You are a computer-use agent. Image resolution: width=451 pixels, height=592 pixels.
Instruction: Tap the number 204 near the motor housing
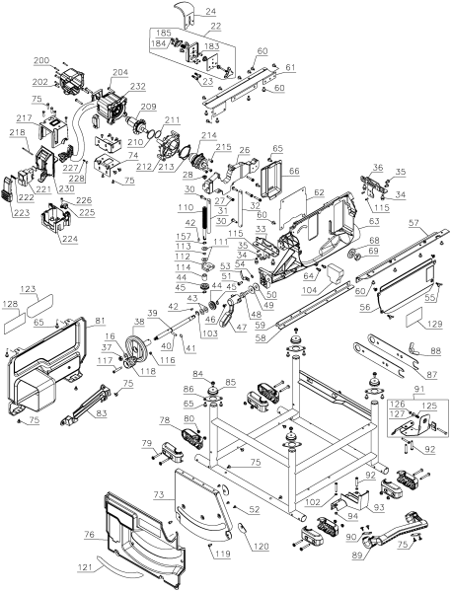tap(120, 72)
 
